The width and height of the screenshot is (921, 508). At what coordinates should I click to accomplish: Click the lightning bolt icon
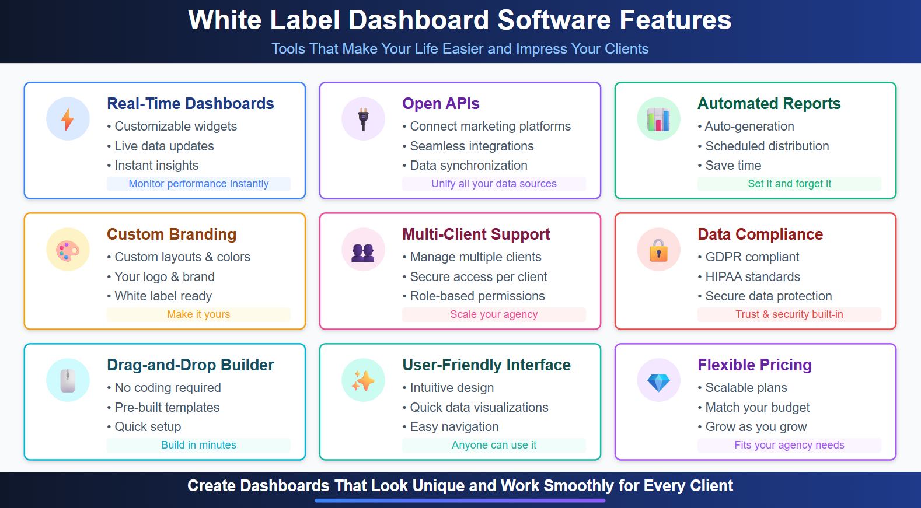(68, 119)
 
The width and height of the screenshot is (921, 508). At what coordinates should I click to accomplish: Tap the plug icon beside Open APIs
(363, 119)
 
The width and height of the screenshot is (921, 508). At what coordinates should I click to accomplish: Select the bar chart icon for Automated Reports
(658, 119)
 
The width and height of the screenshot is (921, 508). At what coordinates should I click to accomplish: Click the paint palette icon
(68, 250)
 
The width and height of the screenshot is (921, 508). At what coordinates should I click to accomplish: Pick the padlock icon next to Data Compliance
(658, 250)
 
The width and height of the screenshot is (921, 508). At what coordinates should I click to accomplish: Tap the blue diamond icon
(658, 381)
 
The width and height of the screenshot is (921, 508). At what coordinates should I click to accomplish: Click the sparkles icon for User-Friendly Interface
(363, 381)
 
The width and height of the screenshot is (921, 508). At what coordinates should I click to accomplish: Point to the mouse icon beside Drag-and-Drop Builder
(68, 381)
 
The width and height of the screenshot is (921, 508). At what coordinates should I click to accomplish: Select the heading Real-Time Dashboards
(190, 104)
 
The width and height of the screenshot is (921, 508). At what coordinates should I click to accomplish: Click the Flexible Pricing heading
(754, 365)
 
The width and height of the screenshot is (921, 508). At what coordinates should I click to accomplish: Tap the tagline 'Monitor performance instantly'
(198, 184)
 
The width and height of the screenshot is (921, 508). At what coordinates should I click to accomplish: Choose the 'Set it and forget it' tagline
(789, 184)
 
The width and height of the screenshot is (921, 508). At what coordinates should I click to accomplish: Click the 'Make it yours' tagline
(198, 314)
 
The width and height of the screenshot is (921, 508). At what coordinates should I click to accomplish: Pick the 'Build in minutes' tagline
(198, 445)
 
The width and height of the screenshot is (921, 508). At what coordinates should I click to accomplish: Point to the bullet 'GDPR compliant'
(752, 257)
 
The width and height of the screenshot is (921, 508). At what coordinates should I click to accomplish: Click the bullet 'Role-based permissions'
(477, 296)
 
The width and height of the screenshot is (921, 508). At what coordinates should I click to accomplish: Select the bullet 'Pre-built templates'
(167, 408)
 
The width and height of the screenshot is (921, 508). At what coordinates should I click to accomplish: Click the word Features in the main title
(675, 20)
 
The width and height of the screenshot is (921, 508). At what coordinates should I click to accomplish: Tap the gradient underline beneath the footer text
(460, 500)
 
